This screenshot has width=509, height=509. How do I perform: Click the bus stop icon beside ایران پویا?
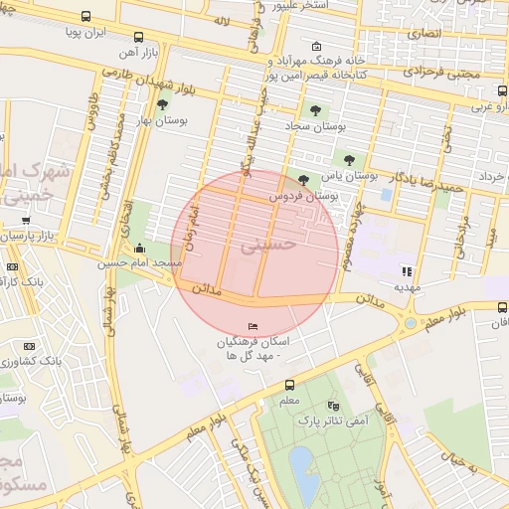[86, 17]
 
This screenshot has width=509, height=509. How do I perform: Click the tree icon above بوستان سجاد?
[315, 111]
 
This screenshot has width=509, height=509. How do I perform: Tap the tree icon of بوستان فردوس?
[302, 180]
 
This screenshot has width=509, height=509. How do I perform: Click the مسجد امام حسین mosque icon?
[138, 249]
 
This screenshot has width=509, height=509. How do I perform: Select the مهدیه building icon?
[406, 270]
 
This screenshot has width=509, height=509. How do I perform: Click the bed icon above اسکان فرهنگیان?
[252, 327]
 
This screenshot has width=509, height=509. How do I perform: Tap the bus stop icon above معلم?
[289, 385]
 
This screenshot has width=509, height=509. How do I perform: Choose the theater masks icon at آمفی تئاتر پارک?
[332, 407]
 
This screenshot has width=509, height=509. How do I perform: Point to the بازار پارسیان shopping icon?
[25, 221]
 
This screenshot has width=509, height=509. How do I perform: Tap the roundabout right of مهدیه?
[410, 323]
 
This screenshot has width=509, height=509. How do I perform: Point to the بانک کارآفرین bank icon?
[12, 267]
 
